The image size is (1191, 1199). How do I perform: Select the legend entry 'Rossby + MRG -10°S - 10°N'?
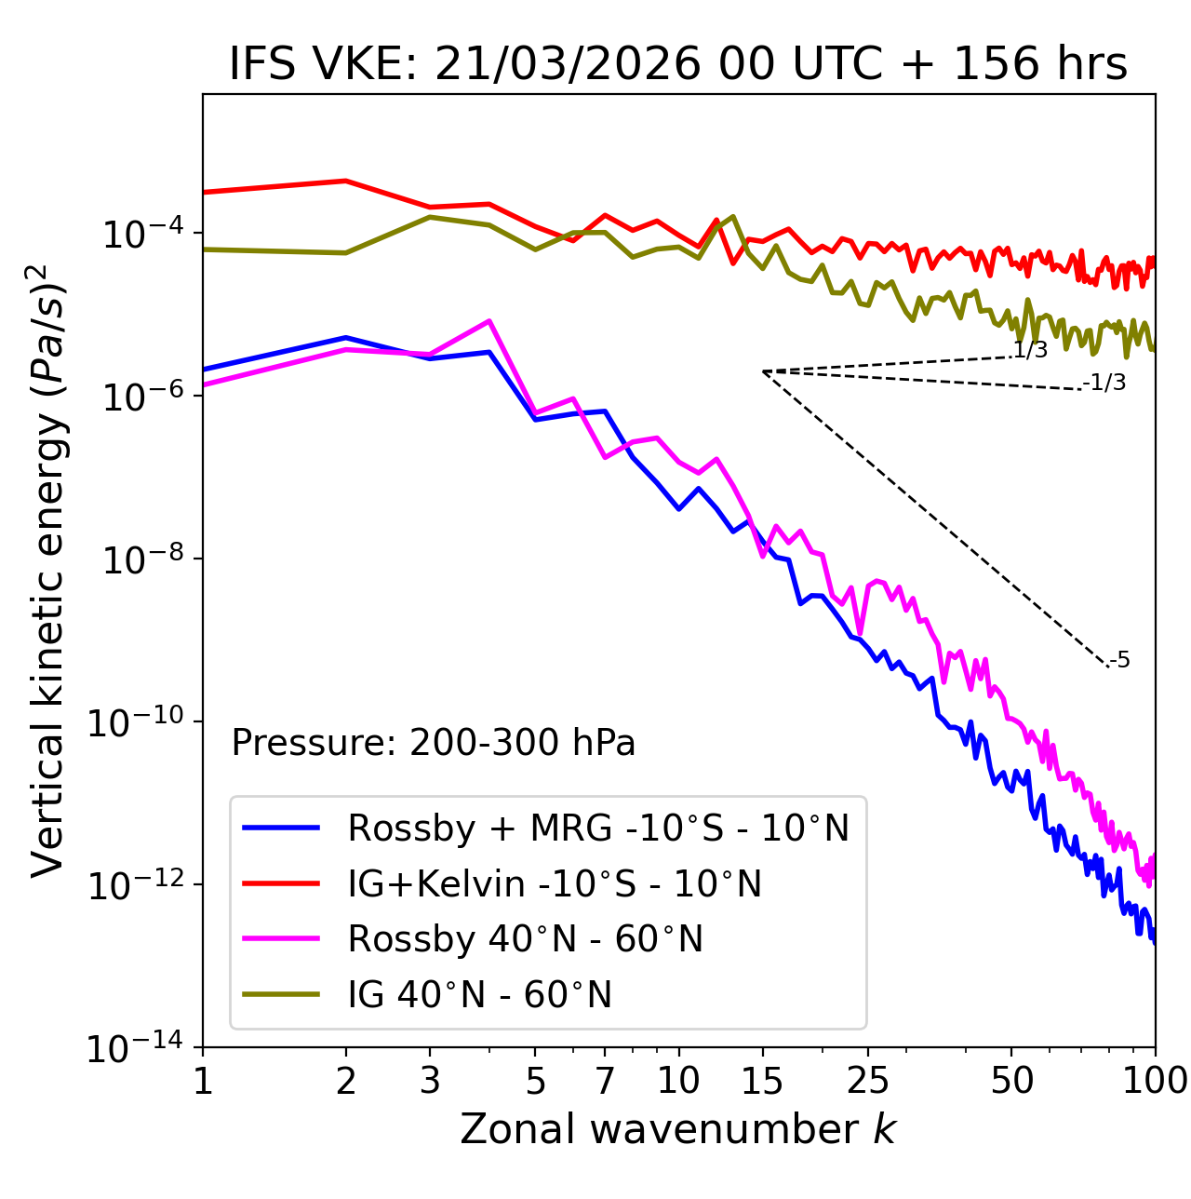click(598, 828)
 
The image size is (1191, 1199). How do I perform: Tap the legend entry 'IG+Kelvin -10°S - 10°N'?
click(555, 883)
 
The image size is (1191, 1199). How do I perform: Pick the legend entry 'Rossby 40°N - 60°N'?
click(525, 939)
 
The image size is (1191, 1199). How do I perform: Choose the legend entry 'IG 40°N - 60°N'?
click(479, 995)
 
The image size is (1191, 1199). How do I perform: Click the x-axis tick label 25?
click(867, 1081)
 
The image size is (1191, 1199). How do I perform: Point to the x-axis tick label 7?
click(605, 1081)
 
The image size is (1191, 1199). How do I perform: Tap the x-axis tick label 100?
click(1154, 1081)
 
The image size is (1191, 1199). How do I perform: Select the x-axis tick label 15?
click(762, 1081)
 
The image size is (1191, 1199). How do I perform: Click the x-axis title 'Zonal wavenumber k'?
click(677, 1129)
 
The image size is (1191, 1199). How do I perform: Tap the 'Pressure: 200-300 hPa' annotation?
click(433, 743)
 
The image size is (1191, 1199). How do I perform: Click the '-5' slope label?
click(1120, 661)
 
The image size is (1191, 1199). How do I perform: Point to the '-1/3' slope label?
click(1106, 383)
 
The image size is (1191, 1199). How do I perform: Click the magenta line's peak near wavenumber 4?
click(489, 321)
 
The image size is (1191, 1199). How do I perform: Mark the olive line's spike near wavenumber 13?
click(733, 217)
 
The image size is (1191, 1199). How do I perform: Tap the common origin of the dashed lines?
click(763, 371)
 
